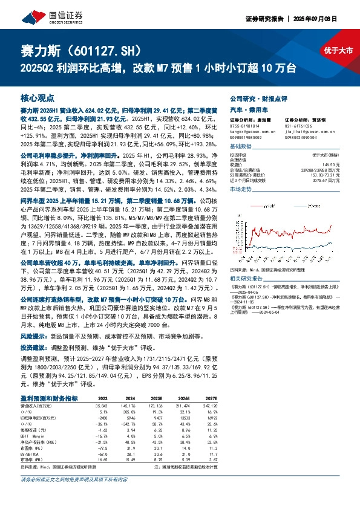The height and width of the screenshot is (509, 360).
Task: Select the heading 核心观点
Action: point(37,97)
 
